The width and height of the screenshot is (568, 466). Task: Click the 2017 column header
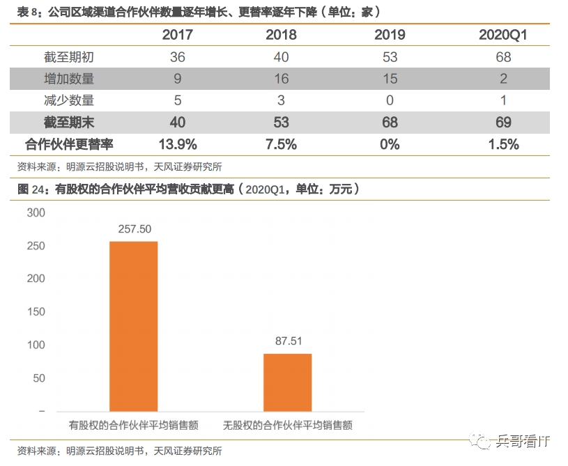[178, 35]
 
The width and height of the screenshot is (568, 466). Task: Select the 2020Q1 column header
[503, 35]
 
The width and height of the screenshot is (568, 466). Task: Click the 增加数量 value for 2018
[281, 79]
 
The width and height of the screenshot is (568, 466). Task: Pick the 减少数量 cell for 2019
[390, 100]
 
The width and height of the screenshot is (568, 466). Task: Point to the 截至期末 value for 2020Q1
[503, 123]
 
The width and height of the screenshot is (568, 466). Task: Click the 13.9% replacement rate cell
[178, 144]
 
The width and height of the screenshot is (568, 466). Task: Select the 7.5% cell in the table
[281, 144]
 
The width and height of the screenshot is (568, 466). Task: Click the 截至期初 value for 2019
[390, 57]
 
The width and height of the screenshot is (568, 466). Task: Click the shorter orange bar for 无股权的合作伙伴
[287, 382]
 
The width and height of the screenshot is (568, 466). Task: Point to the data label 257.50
[135, 228]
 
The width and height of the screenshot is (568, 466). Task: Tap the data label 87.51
[287, 341]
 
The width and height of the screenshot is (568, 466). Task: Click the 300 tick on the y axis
[36, 213]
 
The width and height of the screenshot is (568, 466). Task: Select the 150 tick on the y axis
[36, 312]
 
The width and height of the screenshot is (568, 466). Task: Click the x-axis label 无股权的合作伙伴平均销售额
[287, 424]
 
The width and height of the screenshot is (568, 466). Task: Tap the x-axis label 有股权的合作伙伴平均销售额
[134, 424]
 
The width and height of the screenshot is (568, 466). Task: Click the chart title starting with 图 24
[188, 189]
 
